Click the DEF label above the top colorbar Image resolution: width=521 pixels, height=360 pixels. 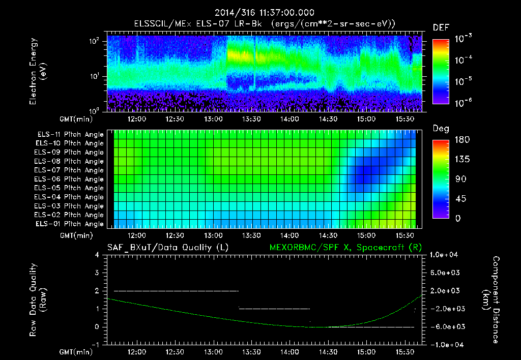pyautogui.click(x=441, y=27)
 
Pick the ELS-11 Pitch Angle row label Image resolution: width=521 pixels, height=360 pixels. pyautogui.click(x=69, y=135)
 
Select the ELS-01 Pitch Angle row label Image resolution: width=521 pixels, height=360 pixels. pyautogui.click(x=69, y=224)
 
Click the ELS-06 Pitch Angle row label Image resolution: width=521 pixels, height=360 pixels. pyautogui.click(x=69, y=179)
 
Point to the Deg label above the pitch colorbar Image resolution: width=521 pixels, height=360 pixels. pyautogui.click(x=441, y=128)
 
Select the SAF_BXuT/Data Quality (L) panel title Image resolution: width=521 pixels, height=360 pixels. pyautogui.click(x=167, y=247)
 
